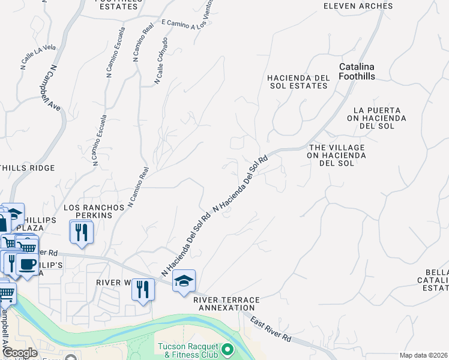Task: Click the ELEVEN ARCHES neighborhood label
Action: pyautogui.click(x=358, y=6)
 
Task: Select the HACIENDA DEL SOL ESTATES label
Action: pyautogui.click(x=298, y=82)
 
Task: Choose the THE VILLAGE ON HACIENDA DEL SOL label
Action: pyautogui.click(x=337, y=155)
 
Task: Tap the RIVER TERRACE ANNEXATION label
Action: pyautogui.click(x=226, y=303)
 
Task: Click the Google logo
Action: pyautogui.click(x=20, y=353)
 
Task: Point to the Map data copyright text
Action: pyautogui.click(x=423, y=355)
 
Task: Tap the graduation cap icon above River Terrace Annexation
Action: pyautogui.click(x=184, y=280)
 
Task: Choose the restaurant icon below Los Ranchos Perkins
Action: pyautogui.click(x=82, y=231)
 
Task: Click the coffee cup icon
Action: pyautogui.click(x=26, y=264)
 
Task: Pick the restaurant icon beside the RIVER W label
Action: pyautogui.click(x=143, y=290)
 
